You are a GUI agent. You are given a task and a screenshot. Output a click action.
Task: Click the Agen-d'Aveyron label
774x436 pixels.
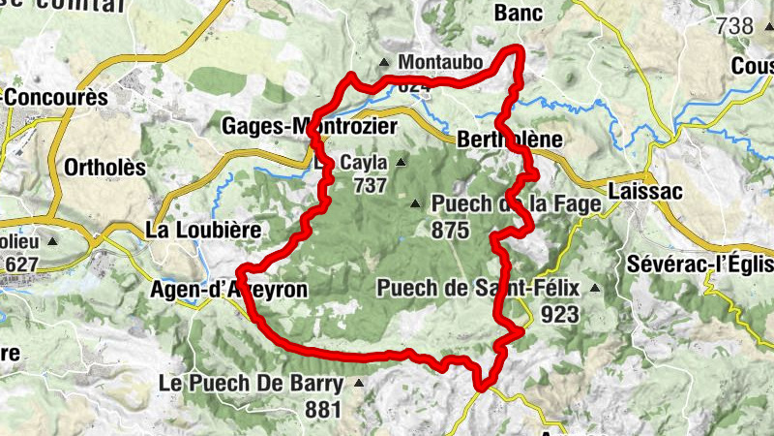click(x=229, y=289)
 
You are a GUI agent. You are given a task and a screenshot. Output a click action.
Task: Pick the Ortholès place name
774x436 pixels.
click(x=104, y=168)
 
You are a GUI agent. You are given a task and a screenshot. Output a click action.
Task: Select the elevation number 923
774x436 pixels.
click(x=560, y=314)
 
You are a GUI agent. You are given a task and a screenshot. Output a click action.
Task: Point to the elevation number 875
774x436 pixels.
click(x=451, y=230)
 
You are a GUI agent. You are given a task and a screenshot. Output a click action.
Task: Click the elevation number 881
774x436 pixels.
click(x=323, y=409)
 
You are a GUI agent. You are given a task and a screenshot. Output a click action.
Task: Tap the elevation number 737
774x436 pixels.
click(x=370, y=186)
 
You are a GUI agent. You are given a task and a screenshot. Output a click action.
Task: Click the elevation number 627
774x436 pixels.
click(x=22, y=264)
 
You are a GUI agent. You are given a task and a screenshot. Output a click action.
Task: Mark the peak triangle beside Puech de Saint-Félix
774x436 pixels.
click(x=595, y=288)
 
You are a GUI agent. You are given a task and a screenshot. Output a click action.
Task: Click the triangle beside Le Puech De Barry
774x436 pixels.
click(x=359, y=383)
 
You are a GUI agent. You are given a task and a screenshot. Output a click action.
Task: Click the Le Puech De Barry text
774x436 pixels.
click(x=251, y=383)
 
